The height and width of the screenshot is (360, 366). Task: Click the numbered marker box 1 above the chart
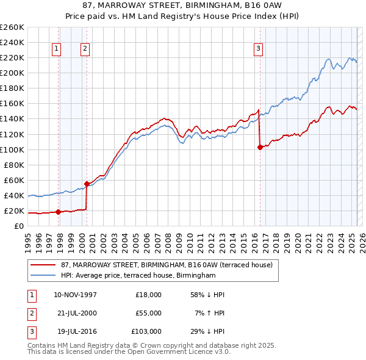point(56,49)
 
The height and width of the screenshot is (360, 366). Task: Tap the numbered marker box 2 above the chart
point(85,49)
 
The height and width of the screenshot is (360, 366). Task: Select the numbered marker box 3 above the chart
point(259,49)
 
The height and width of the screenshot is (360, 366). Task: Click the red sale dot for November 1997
point(59,212)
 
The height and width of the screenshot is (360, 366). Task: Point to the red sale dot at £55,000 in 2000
point(87,184)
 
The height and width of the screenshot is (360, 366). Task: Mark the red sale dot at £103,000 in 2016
point(260,147)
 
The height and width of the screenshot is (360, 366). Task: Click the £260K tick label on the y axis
point(12,27)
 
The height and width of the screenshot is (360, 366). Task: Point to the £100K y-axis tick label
point(12,149)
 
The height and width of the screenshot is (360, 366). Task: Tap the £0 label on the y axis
point(18,226)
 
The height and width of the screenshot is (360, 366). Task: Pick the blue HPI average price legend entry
point(138,276)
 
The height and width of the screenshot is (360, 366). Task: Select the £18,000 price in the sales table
point(148,295)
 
